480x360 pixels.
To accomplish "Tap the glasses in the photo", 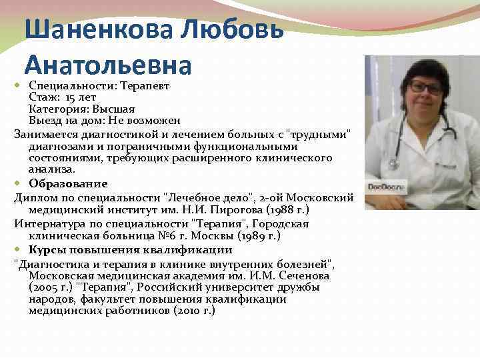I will pos(427,88).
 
